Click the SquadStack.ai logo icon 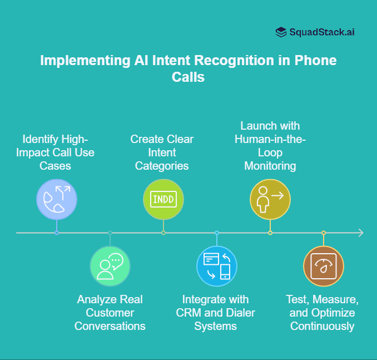[x=281, y=32]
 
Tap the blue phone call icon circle [x=56, y=199]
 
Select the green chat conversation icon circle [x=110, y=266]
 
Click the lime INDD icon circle [x=163, y=199]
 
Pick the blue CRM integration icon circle [x=217, y=266]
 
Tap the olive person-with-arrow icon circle [x=270, y=199]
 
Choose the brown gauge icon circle [x=323, y=266]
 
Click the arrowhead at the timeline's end [x=360, y=233]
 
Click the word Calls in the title [x=188, y=77]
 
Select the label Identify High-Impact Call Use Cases [x=56, y=152]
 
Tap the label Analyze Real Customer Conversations [x=110, y=313]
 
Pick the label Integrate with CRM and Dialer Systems [x=216, y=313]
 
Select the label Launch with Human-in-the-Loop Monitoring [x=270, y=145]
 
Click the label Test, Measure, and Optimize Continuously [x=323, y=313]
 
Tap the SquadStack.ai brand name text [x=322, y=32]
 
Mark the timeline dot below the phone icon [x=56, y=233]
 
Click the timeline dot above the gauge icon [x=323, y=233]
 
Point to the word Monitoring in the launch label [x=270, y=165]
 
